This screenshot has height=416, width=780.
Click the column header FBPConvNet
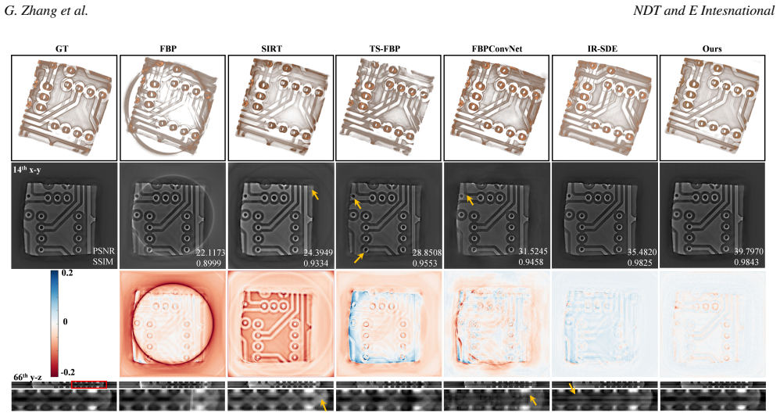[496, 48]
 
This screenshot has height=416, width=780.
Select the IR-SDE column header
[604, 48]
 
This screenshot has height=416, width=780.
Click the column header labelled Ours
[712, 48]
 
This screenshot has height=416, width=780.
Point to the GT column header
[63, 48]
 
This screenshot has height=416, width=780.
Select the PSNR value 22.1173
[210, 253]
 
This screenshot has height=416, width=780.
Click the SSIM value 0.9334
[316, 263]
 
